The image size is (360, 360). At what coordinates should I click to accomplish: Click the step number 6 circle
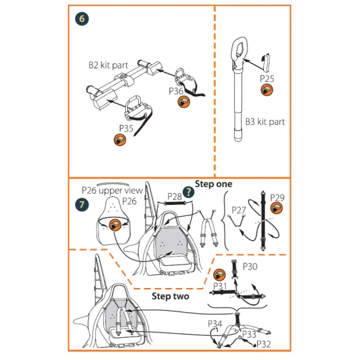pyautogui.click(x=82, y=18)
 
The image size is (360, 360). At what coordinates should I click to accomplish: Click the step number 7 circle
pyautogui.click(x=82, y=204)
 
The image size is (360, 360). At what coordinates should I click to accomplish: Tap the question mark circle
pyautogui.click(x=189, y=192)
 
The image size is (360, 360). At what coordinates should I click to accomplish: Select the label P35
pyautogui.click(x=126, y=128)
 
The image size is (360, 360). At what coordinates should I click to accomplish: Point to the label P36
pyautogui.click(x=176, y=91)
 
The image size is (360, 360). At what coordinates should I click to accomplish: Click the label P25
pyautogui.click(x=267, y=79)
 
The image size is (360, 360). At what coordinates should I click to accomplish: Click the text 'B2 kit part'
pyautogui.click(x=108, y=65)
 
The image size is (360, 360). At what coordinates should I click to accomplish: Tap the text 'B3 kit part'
pyautogui.click(x=265, y=122)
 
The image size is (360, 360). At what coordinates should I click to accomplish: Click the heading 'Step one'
pyautogui.click(x=213, y=184)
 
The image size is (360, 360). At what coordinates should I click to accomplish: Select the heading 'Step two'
pyautogui.click(x=170, y=296)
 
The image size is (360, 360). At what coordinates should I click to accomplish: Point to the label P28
pyautogui.click(x=175, y=196)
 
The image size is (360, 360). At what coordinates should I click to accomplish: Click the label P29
pyautogui.click(x=277, y=198)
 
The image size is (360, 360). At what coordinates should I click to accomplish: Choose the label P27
pyautogui.click(x=239, y=210)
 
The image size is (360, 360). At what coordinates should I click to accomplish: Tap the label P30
pyautogui.click(x=250, y=266)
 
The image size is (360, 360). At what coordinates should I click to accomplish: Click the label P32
pyautogui.click(x=264, y=344)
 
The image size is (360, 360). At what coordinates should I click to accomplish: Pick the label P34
pyautogui.click(x=215, y=324)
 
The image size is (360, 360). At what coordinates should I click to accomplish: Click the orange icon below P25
pyautogui.click(x=267, y=90)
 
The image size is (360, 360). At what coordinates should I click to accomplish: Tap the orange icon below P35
pyautogui.click(x=120, y=140)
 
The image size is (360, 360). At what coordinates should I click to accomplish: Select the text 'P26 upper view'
pyautogui.click(x=113, y=190)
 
